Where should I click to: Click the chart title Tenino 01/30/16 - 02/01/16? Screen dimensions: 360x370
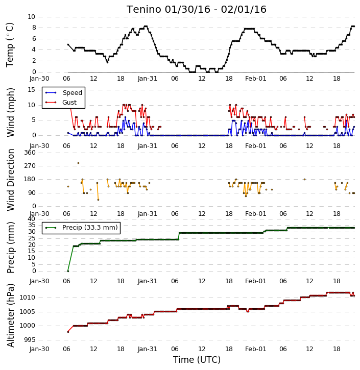pyautogui.click(x=197, y=9)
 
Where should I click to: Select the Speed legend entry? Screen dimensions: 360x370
pyautogui.click(x=72, y=92)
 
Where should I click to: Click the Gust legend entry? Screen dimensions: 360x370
pyautogui.click(x=69, y=102)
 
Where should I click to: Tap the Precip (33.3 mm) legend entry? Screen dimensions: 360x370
pyautogui.click(x=90, y=228)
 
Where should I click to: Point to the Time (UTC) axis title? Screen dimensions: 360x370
pyautogui.click(x=197, y=360)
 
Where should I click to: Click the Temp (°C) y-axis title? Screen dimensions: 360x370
pyautogui.click(x=10, y=45)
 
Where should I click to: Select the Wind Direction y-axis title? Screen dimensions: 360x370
pyautogui.click(x=11, y=180)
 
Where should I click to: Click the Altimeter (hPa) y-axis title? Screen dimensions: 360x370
pyautogui.click(x=11, y=315)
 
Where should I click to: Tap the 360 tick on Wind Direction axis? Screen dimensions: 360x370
pyautogui.click(x=30, y=153)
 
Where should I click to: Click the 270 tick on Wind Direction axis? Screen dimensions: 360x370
pyautogui.click(x=30, y=166)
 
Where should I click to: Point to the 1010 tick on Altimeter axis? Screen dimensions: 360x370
pyautogui.click(x=28, y=298)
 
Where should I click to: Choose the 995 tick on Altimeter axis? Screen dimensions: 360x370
pyautogui.click(x=30, y=340)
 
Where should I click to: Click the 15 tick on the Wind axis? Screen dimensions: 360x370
pyautogui.click(x=32, y=90)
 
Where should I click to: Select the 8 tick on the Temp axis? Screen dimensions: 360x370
pyautogui.click(x=34, y=28)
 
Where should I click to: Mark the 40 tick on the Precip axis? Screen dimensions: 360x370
pyautogui.click(x=32, y=218)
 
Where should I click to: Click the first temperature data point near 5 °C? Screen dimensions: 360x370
pyautogui.click(x=68, y=44)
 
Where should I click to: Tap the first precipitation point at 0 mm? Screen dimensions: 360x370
pyautogui.click(x=68, y=271)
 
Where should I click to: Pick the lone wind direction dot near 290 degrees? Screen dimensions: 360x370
pyautogui.click(x=78, y=163)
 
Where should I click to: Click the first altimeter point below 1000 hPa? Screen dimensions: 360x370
pyautogui.click(x=68, y=332)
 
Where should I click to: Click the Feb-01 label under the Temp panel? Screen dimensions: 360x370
pyautogui.click(x=256, y=79)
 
